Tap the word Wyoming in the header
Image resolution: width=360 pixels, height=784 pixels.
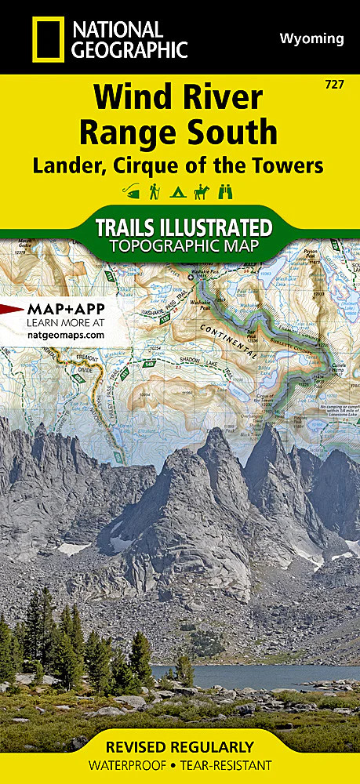[x=311, y=38]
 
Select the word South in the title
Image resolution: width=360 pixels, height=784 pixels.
[x=235, y=131]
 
